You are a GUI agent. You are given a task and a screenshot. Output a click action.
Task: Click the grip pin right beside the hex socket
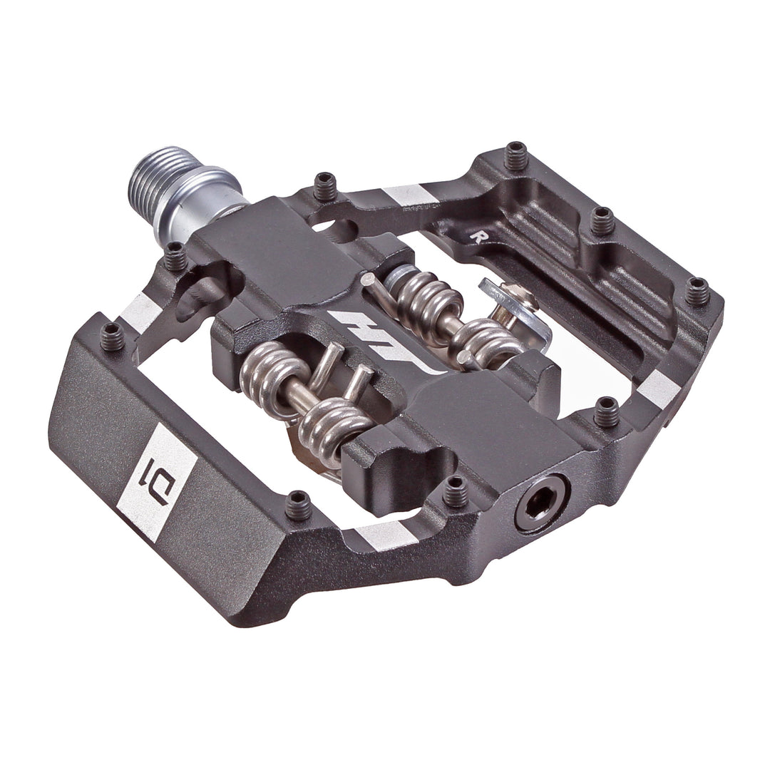point(456,491)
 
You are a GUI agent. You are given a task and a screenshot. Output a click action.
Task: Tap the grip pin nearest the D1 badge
point(298,505)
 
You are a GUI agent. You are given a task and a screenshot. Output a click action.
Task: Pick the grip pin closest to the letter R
point(602,220)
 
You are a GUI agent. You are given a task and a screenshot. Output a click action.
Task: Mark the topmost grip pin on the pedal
point(515,155)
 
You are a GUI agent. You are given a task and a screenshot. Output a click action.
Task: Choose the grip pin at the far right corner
point(697,292)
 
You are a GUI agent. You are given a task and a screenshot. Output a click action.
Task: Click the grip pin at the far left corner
point(112,336)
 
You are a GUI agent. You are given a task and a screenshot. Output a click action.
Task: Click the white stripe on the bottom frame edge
point(385,534)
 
